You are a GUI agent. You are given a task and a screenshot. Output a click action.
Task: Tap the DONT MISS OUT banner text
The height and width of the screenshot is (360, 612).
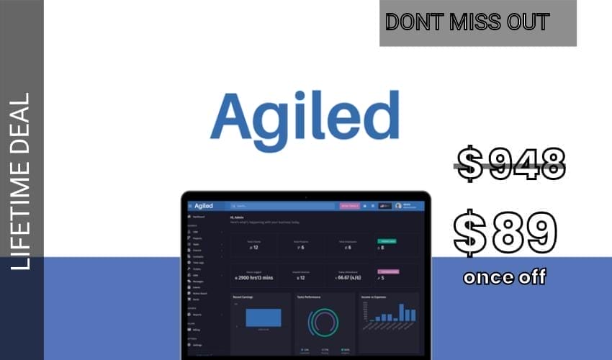pos(467,22)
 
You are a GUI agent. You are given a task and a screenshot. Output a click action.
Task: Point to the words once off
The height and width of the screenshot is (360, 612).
pos(505,277)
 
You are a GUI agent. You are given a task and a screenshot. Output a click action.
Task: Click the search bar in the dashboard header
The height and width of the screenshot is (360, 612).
pos(281,206)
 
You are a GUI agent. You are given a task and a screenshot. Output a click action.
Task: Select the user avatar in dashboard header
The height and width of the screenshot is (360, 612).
pos(398,206)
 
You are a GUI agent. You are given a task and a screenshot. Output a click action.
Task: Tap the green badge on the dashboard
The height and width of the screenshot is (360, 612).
pos(387,240)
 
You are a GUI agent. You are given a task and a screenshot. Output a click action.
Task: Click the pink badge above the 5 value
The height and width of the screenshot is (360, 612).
pos(387,271)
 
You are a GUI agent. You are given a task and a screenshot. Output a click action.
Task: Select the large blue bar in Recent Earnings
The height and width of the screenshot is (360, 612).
pos(263,318)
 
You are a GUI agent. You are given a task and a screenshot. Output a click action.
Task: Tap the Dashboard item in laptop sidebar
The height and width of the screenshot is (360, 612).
pos(198,217)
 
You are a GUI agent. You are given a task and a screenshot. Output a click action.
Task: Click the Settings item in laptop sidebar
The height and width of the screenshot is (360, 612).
pos(197,345)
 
